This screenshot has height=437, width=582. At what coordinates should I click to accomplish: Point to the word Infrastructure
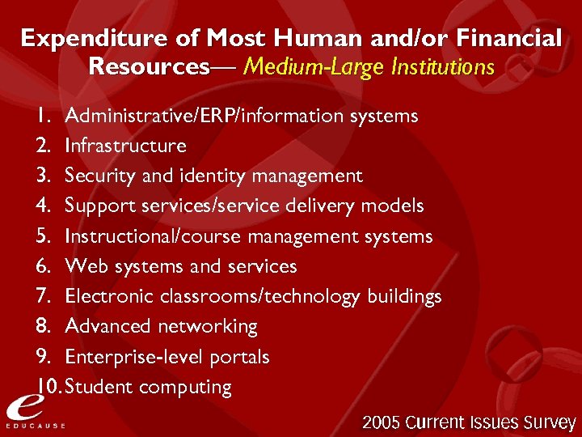125,146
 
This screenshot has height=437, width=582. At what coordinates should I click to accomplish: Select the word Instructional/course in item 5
154,236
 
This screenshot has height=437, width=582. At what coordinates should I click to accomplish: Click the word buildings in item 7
404,296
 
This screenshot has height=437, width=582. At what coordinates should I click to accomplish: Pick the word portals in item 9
239,357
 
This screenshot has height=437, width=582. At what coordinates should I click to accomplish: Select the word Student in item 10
99,387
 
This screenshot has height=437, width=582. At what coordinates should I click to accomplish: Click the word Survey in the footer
549,422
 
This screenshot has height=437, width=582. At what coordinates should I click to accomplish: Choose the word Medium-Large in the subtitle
303,66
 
